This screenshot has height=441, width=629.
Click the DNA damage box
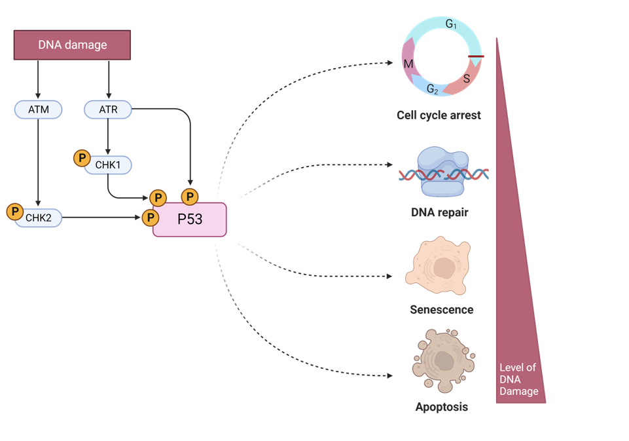click(72, 45)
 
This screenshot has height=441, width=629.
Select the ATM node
click(38, 109)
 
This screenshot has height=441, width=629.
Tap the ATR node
click(109, 109)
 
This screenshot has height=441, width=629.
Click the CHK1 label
click(107, 164)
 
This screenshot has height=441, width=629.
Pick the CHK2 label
click(39, 218)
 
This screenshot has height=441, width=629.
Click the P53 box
click(190, 220)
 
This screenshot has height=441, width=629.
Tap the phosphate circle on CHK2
click(14, 212)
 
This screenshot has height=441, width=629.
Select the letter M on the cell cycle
click(408, 64)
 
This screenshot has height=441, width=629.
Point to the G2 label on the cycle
click(433, 89)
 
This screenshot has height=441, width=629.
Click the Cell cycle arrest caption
click(439, 115)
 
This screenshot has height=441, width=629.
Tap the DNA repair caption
click(439, 212)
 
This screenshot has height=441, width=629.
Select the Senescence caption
click(441, 309)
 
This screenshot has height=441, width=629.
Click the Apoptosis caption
click(441, 407)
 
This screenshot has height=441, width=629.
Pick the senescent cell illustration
click(438, 265)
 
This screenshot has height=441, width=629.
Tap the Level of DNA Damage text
click(518, 379)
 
